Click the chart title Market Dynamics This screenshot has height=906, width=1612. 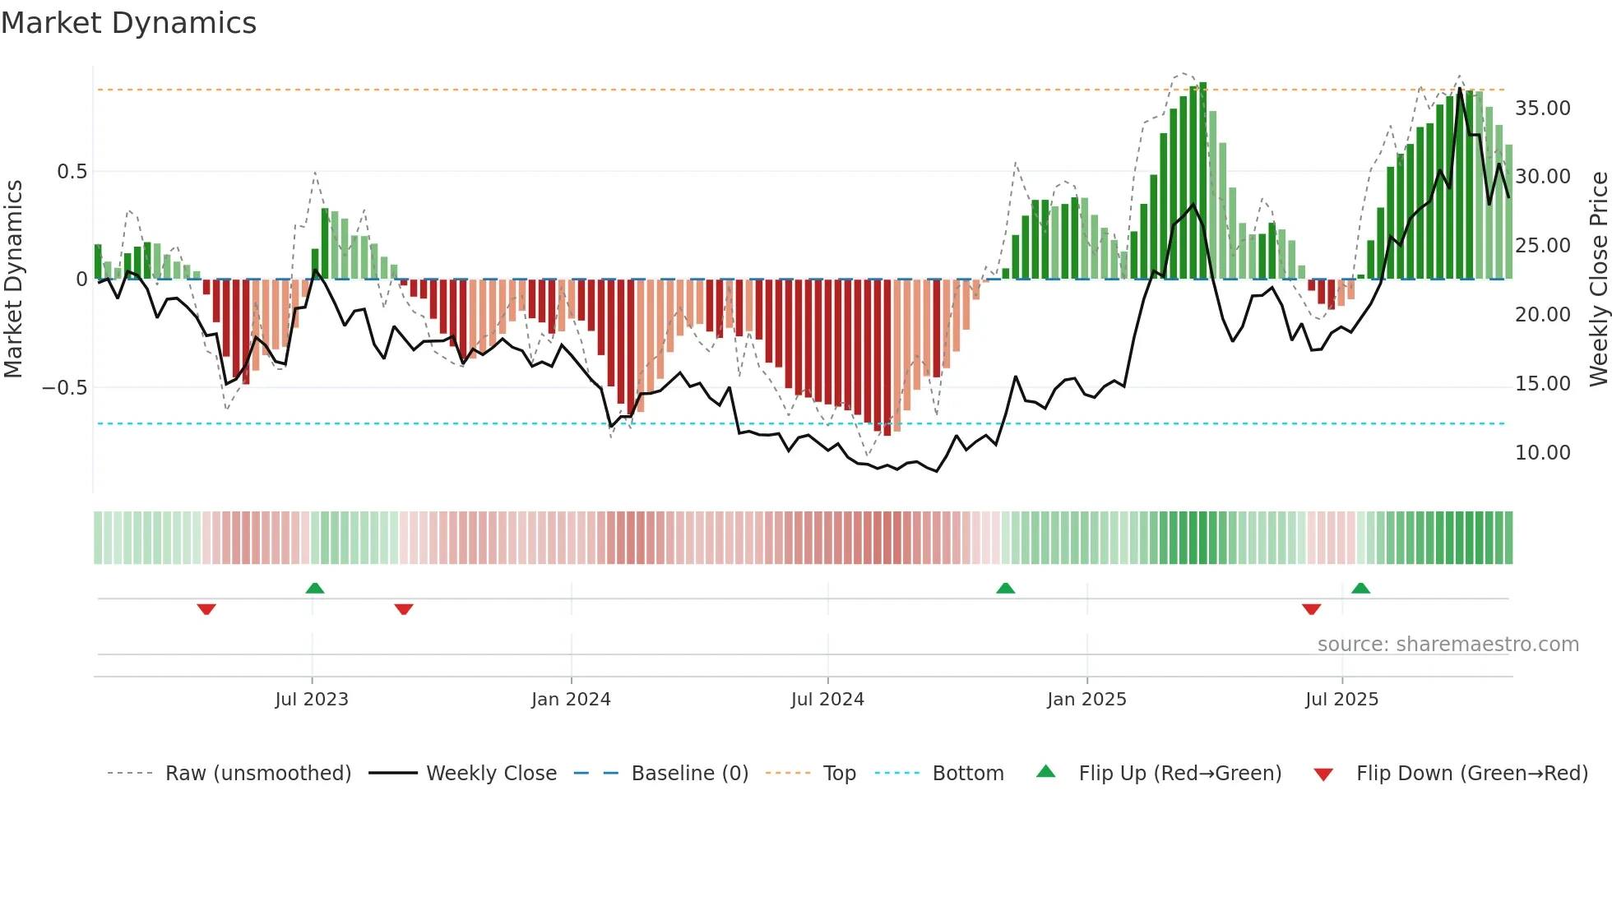click(x=129, y=23)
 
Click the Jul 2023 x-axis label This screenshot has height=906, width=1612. click(x=312, y=700)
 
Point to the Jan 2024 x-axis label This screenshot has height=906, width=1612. click(x=571, y=700)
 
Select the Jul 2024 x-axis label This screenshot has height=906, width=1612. click(x=827, y=700)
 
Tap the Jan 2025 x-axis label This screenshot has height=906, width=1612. click(x=1086, y=700)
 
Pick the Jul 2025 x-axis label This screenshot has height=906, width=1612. click(x=1341, y=700)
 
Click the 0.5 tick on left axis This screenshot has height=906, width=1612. click(x=72, y=172)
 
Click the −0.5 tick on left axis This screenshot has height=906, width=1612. click(x=65, y=388)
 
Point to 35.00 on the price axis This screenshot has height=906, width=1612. click(x=1543, y=109)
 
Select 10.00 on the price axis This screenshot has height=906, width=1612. click(x=1543, y=453)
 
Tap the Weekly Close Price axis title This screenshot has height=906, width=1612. click(x=1598, y=280)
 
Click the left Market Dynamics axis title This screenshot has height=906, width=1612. click(x=13, y=280)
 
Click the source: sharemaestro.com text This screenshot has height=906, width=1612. click(x=1448, y=645)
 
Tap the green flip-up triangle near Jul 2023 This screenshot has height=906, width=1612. click(x=315, y=589)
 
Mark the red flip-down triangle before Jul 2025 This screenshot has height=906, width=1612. click(x=1312, y=609)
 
